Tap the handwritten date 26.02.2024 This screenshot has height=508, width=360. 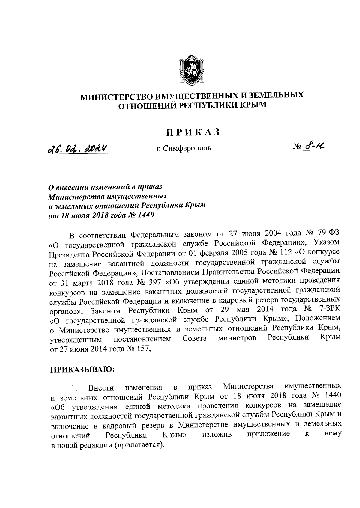pos(80,149)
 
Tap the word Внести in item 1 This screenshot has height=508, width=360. pos(101,388)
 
